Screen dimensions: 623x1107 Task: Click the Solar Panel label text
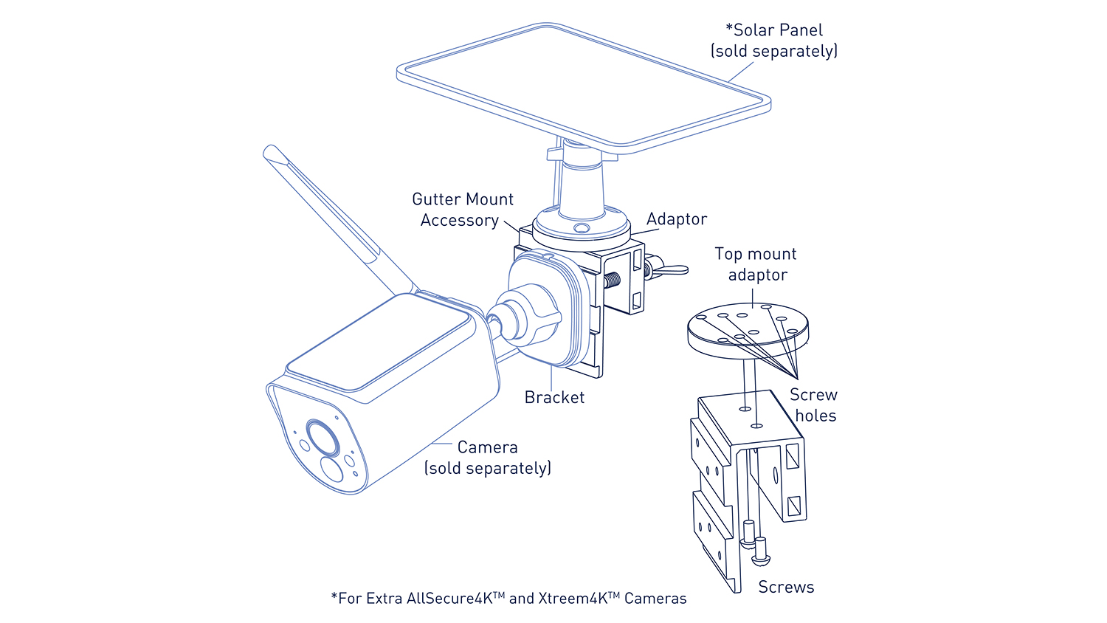(774, 41)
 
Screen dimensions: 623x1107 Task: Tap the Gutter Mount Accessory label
(462, 210)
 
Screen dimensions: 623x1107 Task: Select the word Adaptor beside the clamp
(676, 219)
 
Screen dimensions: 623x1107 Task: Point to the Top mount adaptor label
(756, 264)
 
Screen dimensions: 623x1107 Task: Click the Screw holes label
(814, 405)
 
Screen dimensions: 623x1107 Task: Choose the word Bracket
(554, 397)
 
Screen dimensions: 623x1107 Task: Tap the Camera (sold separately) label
(487, 458)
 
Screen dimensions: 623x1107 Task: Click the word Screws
(786, 587)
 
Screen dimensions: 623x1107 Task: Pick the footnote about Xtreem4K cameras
(508, 599)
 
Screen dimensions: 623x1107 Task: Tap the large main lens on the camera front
(323, 438)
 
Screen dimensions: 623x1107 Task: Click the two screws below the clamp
(755, 545)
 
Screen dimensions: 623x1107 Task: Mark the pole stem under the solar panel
(582, 181)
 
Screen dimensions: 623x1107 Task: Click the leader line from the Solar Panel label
(741, 72)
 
